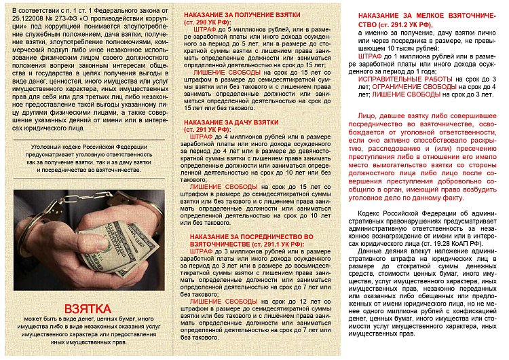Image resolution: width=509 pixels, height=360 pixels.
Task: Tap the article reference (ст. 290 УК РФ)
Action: click(208, 22)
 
